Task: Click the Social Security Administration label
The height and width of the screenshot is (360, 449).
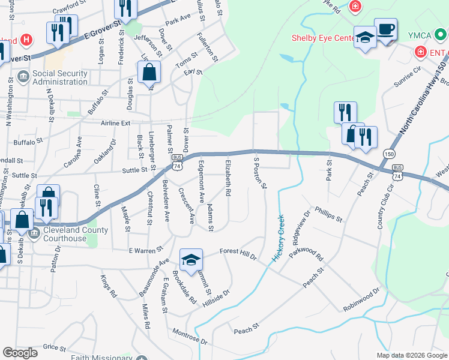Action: (x=59, y=77)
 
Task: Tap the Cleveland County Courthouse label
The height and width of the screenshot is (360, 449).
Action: (x=71, y=234)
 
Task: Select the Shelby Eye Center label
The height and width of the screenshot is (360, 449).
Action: (x=324, y=38)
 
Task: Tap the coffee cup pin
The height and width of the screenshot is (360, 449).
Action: (x=385, y=29)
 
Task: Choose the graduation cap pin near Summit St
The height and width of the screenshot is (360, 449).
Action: (x=191, y=260)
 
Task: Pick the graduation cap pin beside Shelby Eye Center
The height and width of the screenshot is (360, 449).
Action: (x=365, y=38)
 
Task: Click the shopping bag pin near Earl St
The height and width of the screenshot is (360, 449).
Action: (x=149, y=73)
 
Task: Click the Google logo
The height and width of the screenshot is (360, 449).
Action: (x=20, y=353)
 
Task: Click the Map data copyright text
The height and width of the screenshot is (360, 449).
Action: (x=412, y=355)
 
